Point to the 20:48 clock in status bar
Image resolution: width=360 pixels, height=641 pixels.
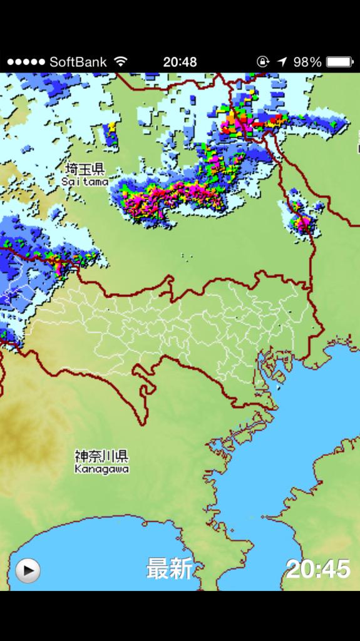coord(180,62)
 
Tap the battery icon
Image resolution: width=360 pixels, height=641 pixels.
coord(340,62)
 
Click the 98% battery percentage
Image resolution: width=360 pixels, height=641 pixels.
coord(307,62)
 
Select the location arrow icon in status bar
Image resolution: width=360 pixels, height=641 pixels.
coord(282,62)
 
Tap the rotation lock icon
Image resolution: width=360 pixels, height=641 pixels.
coord(263,62)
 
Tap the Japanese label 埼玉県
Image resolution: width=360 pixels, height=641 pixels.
coord(85,169)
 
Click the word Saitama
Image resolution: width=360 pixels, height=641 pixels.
coord(85,181)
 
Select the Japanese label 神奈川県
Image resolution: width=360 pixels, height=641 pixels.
coord(101,456)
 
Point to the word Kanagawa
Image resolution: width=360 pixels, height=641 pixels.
coord(101,468)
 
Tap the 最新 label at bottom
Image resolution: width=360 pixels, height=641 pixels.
coord(169,569)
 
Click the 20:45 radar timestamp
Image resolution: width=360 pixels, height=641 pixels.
coord(318,569)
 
